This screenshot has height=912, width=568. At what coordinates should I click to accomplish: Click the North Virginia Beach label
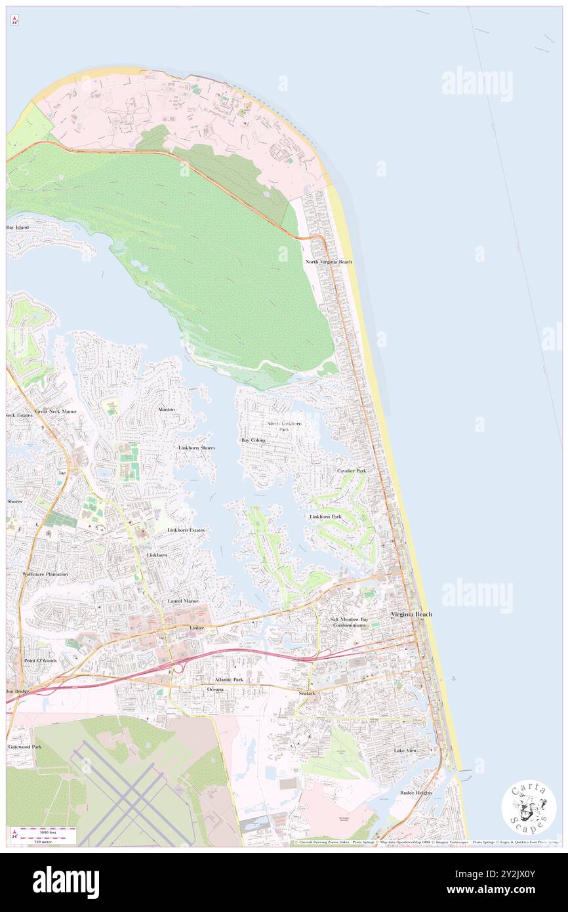pyautogui.click(x=329, y=262)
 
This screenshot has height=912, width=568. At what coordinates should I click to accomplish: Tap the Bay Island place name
pyautogui.click(x=18, y=227)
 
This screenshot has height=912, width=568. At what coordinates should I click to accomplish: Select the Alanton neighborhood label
pyautogui.click(x=167, y=409)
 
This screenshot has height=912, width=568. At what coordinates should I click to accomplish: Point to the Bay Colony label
pyautogui.click(x=253, y=440)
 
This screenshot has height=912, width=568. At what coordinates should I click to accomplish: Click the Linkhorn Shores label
pyautogui.click(x=197, y=447)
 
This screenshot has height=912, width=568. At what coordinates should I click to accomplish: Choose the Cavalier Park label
pyautogui.click(x=352, y=471)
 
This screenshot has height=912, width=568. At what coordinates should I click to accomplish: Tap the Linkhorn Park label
pyautogui.click(x=325, y=517)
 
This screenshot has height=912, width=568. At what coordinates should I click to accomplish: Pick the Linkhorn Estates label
pyautogui.click(x=186, y=529)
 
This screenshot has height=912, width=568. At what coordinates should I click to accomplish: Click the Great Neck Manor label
pyautogui.click(x=56, y=411)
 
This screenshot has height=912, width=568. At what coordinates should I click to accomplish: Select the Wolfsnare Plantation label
pyautogui.click(x=45, y=574)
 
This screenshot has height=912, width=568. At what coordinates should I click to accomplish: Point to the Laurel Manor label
pyautogui.click(x=183, y=601)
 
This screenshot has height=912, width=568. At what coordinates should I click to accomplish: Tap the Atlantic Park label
pyautogui.click(x=229, y=680)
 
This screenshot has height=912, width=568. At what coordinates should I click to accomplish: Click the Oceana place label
pyautogui.click(x=215, y=690)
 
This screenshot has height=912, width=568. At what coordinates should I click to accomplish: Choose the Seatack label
pyautogui.click(x=307, y=693)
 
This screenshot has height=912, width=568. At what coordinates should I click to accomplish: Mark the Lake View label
pyautogui.click(x=405, y=750)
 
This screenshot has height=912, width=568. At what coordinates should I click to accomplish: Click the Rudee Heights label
pyautogui.click(x=416, y=793)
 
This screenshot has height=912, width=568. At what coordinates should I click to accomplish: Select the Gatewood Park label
pyautogui.click(x=25, y=747)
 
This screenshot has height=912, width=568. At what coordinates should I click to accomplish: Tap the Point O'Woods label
pyautogui.click(x=40, y=660)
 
